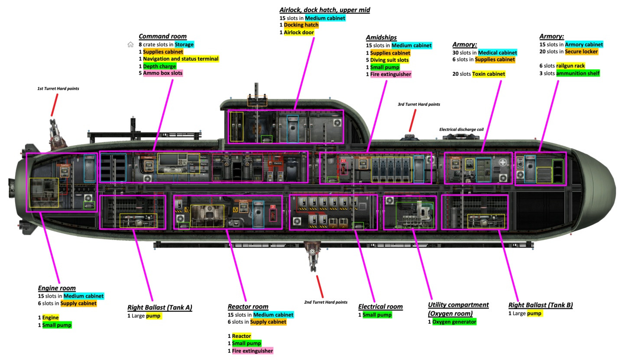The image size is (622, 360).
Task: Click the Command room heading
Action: pyautogui.click(x=163, y=36)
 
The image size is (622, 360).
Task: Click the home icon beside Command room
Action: pyautogui.click(x=130, y=45)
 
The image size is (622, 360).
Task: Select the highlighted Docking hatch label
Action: pyautogui.click(x=301, y=25)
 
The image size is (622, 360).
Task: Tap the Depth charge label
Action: pyautogui.click(x=160, y=66)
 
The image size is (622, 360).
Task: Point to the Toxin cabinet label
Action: pyautogui.click(x=489, y=74)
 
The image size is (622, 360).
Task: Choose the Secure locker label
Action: pyautogui.click(x=581, y=52)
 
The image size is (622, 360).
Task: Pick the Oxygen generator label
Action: pyautogui.click(x=454, y=322)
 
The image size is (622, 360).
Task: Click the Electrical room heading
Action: pyautogui.click(x=380, y=307)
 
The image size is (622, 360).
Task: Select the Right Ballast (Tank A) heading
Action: pyautogui.click(x=160, y=308)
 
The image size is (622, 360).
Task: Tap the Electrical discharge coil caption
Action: pyautogui.click(x=461, y=130)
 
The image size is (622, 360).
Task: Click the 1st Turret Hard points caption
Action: pyautogui.click(x=58, y=89)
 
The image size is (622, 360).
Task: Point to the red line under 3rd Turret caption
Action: pyautogui.click(x=412, y=120)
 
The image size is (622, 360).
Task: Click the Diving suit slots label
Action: pyautogui.click(x=389, y=60)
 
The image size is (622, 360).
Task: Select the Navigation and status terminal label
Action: pyautogui.click(x=181, y=59)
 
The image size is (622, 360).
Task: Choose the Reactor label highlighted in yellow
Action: pyautogui.click(x=241, y=336)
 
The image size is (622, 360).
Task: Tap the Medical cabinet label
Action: pyautogui.click(x=498, y=52)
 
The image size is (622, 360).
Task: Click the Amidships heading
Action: pyautogui.click(x=381, y=38)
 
